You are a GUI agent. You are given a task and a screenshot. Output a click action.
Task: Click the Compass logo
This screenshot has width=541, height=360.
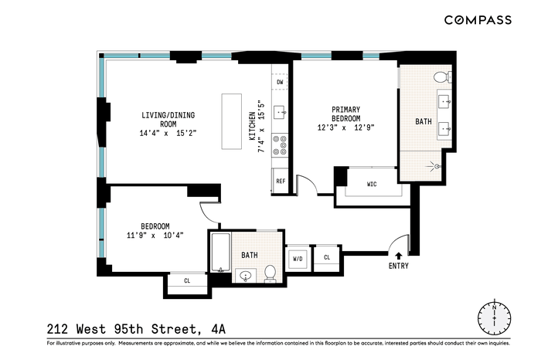(x=478, y=20)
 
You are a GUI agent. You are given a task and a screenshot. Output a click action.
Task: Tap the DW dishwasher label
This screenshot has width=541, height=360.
(x=280, y=82)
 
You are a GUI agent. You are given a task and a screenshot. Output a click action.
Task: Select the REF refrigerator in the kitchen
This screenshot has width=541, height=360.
(x=281, y=181)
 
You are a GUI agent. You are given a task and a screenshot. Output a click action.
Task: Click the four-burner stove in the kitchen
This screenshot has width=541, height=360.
(x=280, y=145)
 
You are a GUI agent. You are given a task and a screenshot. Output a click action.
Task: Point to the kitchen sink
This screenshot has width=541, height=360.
(x=280, y=113)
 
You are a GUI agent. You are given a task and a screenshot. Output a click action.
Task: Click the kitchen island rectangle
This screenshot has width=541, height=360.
(x=232, y=121)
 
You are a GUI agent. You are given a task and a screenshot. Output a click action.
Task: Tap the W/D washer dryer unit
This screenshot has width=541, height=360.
(x=298, y=258)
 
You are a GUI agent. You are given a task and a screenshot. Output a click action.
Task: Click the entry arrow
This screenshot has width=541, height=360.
(x=399, y=256)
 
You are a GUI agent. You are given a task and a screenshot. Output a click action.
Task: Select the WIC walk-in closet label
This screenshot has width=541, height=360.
(x=372, y=184)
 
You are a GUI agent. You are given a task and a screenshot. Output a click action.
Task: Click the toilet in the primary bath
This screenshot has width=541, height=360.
(x=442, y=77)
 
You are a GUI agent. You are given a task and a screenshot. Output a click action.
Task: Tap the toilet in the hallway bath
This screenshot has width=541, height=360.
(x=270, y=273)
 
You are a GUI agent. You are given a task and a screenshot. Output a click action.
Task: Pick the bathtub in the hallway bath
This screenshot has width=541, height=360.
(x=220, y=253)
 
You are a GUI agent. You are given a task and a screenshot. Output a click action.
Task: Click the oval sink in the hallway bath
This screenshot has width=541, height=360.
(x=246, y=276)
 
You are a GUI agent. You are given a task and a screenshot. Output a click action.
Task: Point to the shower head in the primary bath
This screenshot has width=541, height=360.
(x=437, y=167)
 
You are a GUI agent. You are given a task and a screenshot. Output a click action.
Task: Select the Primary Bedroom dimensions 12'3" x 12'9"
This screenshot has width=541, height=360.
(x=345, y=127)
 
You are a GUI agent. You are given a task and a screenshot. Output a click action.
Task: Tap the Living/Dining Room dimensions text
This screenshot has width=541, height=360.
(x=168, y=133)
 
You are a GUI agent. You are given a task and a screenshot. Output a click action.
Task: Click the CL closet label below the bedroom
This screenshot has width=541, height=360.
(x=187, y=280)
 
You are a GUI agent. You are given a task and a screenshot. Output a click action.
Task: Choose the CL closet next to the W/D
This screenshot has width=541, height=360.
(x=327, y=257)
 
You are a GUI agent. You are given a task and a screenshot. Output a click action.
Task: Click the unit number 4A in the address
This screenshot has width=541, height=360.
(x=218, y=329)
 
